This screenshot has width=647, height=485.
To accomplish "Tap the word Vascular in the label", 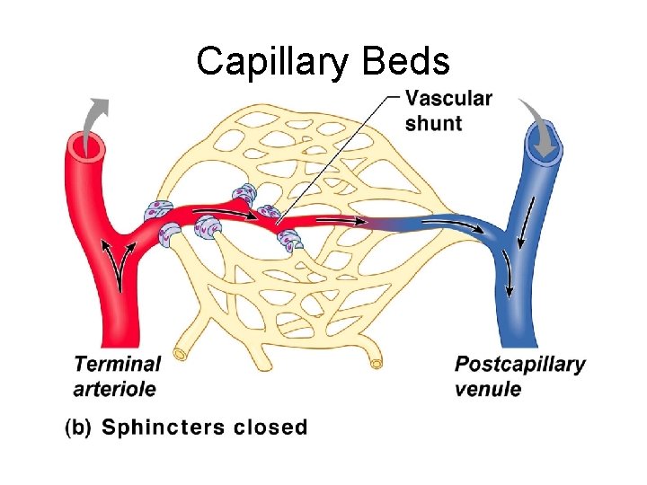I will [x=448, y=99].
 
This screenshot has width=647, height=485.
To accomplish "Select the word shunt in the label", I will [x=433, y=123].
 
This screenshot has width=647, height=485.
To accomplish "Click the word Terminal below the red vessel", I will [x=117, y=365].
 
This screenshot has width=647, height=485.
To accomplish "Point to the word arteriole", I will [x=114, y=389].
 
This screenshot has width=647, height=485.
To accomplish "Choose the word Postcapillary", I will [x=519, y=365].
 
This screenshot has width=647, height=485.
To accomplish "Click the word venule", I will [x=487, y=389].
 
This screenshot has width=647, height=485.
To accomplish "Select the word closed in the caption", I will [x=270, y=428].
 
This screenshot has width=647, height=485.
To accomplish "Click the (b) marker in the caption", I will [x=80, y=428].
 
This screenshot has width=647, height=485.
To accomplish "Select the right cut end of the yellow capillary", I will [x=377, y=364].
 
